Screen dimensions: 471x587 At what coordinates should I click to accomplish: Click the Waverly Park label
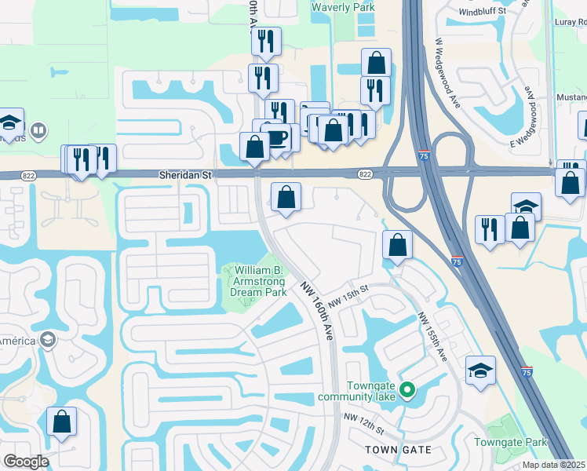(x=343, y=7)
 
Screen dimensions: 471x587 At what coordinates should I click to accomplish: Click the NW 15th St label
(x=348, y=297)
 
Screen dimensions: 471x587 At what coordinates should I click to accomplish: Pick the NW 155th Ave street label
(x=432, y=337)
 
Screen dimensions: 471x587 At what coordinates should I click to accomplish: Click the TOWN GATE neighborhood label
(x=399, y=449)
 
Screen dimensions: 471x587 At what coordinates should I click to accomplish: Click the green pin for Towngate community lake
(x=407, y=389)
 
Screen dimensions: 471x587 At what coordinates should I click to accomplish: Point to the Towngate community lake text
(x=379, y=390)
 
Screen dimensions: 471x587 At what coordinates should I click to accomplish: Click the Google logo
(x=27, y=462)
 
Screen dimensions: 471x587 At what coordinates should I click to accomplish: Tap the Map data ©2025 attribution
(x=554, y=465)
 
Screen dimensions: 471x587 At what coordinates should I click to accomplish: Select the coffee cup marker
(x=278, y=137)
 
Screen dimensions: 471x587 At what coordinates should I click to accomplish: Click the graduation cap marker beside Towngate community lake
(x=480, y=371)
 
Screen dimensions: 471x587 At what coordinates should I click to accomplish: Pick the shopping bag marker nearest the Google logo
(x=61, y=422)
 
